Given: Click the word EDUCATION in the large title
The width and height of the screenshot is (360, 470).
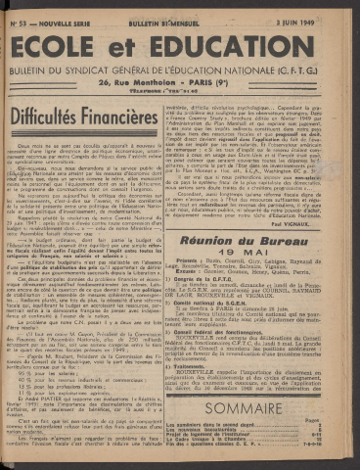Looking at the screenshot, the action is [x=244, y=51].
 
